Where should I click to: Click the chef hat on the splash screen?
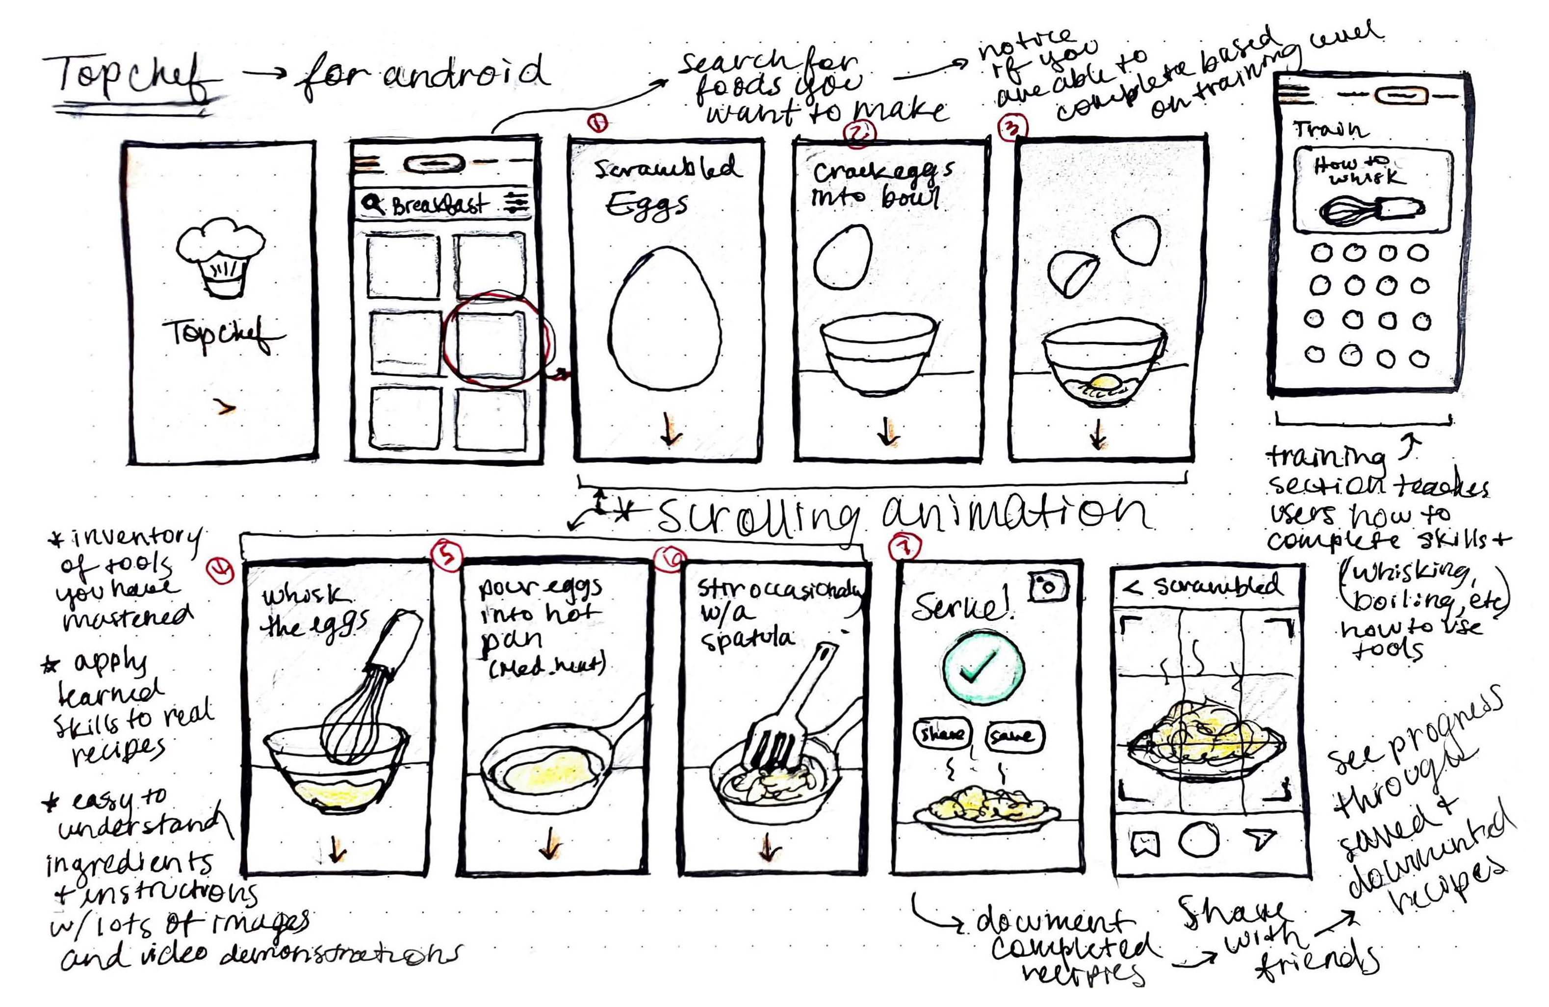coord(220,257)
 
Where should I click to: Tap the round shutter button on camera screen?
coord(1198,840)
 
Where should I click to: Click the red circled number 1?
coord(597,122)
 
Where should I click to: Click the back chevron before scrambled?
coord(1133,588)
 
